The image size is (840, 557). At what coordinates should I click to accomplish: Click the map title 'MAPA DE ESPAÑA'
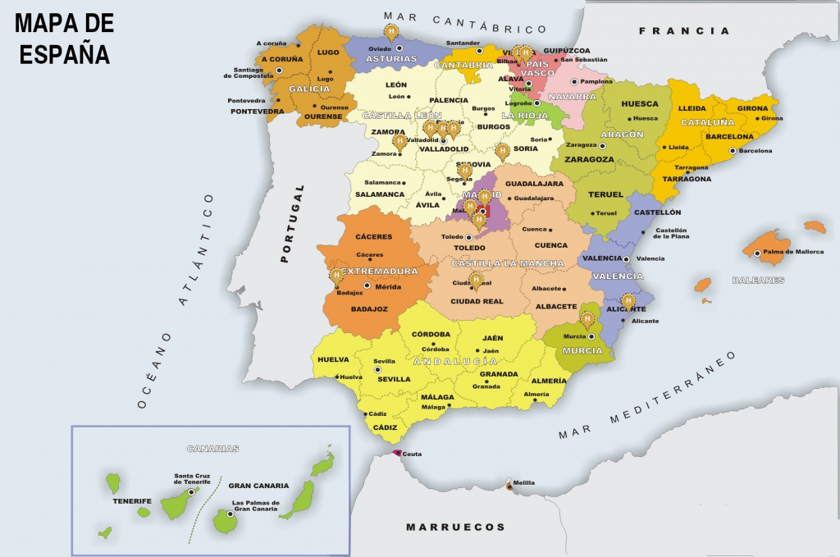(x=64, y=39)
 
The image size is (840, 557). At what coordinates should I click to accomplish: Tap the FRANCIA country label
(x=683, y=31)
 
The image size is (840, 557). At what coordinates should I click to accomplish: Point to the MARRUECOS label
(x=455, y=527)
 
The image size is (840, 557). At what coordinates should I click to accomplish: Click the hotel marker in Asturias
(x=392, y=33)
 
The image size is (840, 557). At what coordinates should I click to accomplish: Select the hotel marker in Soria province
(x=503, y=151)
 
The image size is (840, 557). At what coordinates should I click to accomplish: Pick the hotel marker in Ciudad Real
(x=476, y=281)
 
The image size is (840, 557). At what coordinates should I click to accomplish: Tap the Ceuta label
(x=412, y=454)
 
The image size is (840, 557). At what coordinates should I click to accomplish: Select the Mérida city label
(x=387, y=287)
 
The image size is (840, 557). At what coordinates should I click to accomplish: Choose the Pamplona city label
(x=596, y=81)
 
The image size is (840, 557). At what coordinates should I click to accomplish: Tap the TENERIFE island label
(x=132, y=500)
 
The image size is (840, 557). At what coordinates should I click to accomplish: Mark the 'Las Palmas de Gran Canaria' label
(x=256, y=507)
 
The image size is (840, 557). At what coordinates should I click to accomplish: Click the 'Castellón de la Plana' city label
(x=670, y=234)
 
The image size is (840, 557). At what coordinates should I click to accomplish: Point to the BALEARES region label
(x=758, y=280)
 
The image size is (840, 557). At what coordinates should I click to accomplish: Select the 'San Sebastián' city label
(x=584, y=59)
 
